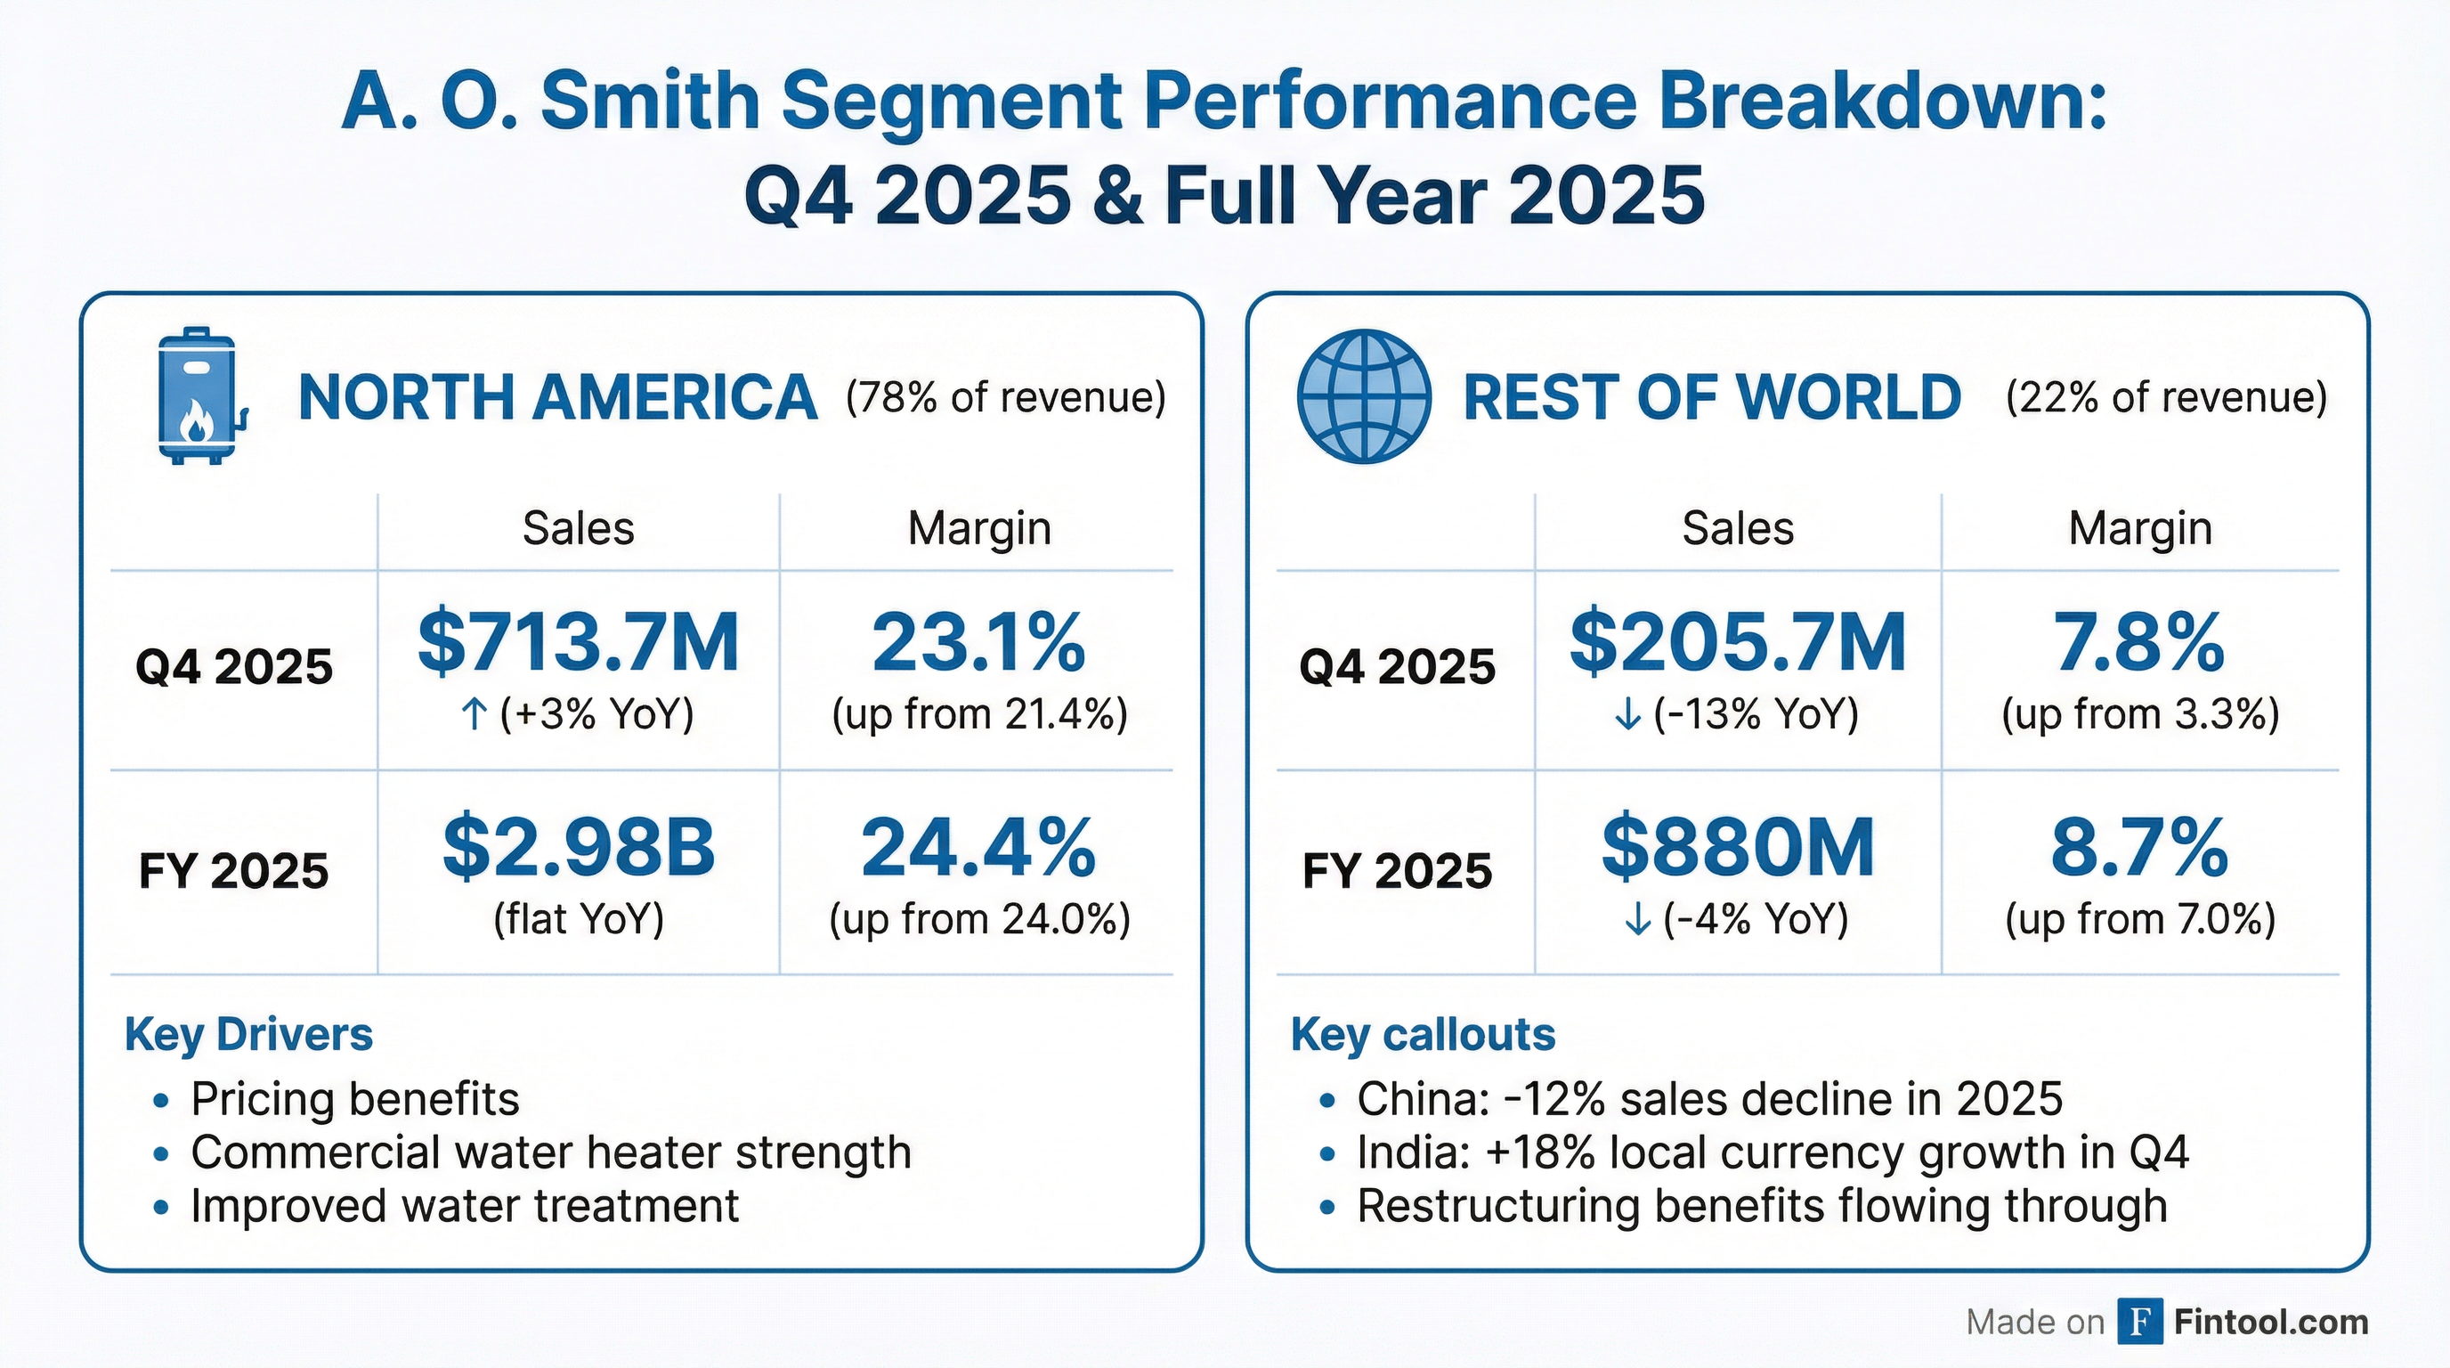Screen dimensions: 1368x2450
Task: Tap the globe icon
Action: point(1363,395)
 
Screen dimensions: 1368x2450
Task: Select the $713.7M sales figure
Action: point(579,642)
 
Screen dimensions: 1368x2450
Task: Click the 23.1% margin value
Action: point(978,642)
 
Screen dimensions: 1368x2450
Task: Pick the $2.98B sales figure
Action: point(579,847)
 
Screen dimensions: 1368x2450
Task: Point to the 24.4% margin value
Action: point(978,847)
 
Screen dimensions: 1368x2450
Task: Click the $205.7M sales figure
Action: point(1737,642)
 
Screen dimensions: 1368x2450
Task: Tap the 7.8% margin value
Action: point(2139,642)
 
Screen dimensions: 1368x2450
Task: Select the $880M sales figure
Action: point(1737,847)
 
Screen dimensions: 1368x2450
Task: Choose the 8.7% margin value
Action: point(2139,847)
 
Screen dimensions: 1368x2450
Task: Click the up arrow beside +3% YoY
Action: point(474,713)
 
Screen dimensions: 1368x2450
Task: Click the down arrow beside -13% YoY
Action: point(1627,713)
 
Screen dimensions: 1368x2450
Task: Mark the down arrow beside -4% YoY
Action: point(1637,919)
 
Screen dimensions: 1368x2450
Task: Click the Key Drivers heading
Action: point(248,1034)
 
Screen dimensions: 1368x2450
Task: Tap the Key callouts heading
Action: point(1422,1034)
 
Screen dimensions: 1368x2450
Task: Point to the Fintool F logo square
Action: point(2140,1322)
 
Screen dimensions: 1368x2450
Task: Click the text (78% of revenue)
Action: point(1005,396)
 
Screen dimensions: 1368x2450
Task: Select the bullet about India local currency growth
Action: point(1772,1152)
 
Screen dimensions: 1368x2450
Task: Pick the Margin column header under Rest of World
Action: point(2139,528)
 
